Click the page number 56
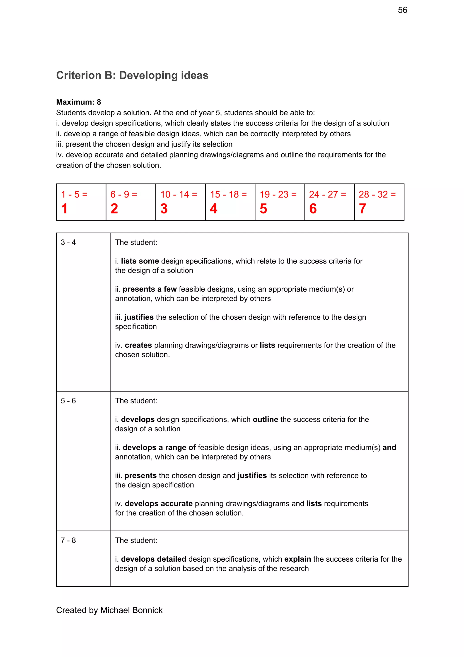[x=402, y=10]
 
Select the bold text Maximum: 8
[x=78, y=102]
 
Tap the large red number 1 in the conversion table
[x=64, y=208]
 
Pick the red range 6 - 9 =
[x=124, y=195]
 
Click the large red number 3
[x=164, y=208]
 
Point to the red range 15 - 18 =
[x=228, y=195]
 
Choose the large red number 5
[x=263, y=208]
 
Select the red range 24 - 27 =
[x=327, y=195]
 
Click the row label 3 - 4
[x=68, y=242]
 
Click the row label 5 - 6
[x=68, y=401]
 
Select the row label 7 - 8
[x=68, y=540]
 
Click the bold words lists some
[x=140, y=261]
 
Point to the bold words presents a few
[x=150, y=289]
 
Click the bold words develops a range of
[x=159, y=447]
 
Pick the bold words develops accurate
[x=159, y=503]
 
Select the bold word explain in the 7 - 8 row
[x=297, y=559]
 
